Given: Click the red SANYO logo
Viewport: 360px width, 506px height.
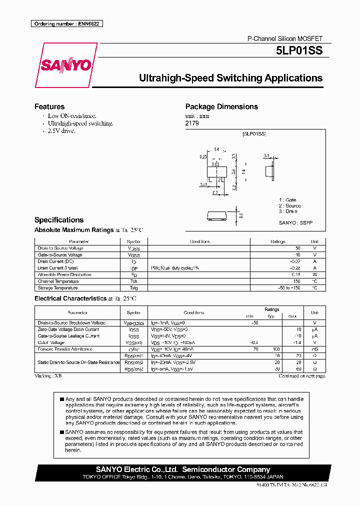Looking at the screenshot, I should tap(65, 65).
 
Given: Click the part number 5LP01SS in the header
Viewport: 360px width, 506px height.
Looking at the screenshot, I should tap(299, 50).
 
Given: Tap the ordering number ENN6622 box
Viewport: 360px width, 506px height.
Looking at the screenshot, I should tap(66, 24).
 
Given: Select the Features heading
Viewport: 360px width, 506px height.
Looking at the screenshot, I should tap(49, 106).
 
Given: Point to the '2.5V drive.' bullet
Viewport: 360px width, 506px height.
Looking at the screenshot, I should tap(61, 130).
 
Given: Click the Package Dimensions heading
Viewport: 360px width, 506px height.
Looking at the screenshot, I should tap(221, 106).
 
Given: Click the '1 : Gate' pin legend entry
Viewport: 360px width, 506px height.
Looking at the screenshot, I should tap(288, 199).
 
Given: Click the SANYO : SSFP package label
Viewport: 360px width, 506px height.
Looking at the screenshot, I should tap(295, 222).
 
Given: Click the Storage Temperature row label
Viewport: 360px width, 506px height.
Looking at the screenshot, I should tap(57, 288).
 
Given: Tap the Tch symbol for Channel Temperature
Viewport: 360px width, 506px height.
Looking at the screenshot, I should tap(134, 281).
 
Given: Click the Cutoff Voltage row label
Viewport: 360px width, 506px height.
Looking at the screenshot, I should tap(51, 342).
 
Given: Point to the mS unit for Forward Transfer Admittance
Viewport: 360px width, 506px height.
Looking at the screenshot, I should tap(314, 349).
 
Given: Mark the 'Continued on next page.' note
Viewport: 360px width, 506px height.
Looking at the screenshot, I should tap(302, 375).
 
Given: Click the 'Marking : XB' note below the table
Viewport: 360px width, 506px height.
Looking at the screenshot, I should tap(48, 375).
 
